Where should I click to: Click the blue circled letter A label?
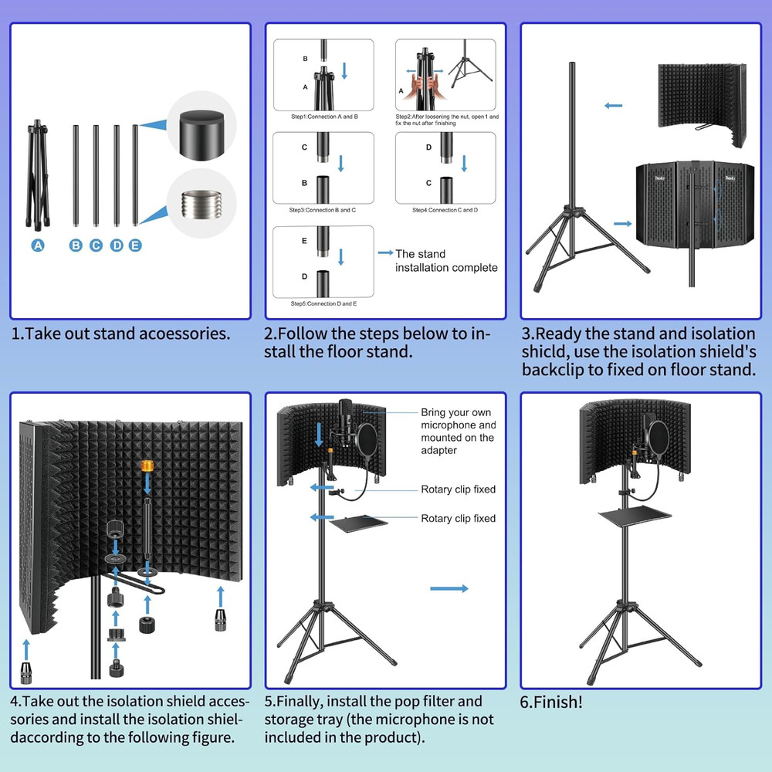(38, 245)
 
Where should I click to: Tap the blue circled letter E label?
(135, 245)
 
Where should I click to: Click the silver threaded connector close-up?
(201, 205)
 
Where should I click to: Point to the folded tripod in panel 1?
(36, 174)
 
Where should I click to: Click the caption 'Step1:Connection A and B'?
(323, 117)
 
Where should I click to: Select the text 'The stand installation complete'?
(446, 261)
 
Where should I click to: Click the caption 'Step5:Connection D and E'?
(323, 304)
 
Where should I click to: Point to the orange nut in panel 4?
(146, 466)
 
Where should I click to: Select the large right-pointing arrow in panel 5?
(449, 589)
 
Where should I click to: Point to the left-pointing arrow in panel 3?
(614, 106)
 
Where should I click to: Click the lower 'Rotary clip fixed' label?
(458, 519)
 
